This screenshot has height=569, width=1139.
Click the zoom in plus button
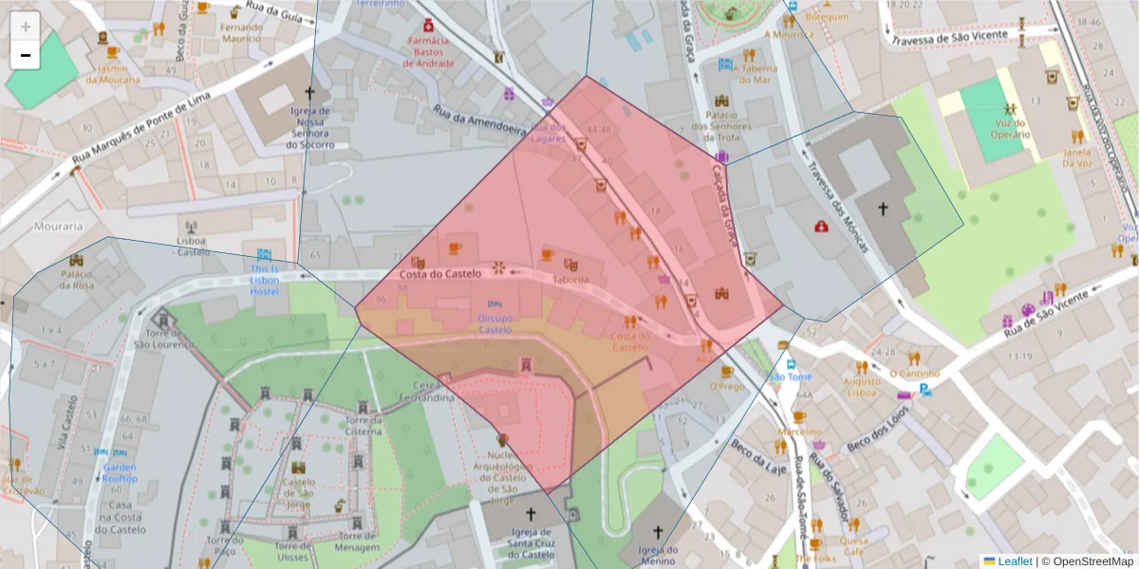point(25,26)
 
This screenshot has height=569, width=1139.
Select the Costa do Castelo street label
point(439,274)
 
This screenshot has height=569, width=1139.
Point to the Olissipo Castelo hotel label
point(495,324)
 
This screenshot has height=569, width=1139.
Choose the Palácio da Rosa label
point(78,280)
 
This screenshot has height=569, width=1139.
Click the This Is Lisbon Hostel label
point(265,280)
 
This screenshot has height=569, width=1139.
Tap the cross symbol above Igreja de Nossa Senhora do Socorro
point(309,93)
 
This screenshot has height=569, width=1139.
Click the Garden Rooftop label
point(121,472)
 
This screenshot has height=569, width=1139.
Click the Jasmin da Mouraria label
point(113,74)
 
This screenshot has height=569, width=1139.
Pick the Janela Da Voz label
point(1077,157)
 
